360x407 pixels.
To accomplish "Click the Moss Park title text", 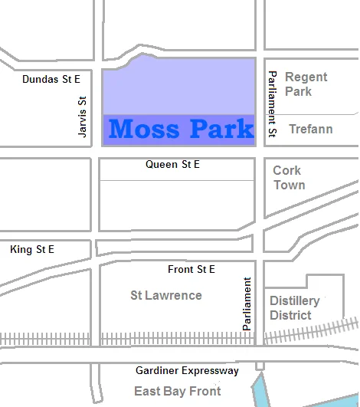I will point(181,129).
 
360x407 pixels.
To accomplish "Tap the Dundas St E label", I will point(51,79).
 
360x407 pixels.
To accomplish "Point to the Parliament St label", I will point(271,105).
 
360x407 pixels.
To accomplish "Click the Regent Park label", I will point(306,84).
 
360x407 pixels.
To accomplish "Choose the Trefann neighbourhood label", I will point(310,129).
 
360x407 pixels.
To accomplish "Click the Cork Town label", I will point(289,178).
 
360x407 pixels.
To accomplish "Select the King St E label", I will point(32,250).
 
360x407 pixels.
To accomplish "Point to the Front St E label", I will point(191,269).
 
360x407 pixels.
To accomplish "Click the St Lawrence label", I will point(166,295).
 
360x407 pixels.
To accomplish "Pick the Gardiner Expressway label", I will point(187,371).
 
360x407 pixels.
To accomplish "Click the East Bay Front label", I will point(177,391).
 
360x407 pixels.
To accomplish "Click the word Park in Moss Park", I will point(220,129).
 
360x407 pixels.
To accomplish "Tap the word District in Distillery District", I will point(291,315).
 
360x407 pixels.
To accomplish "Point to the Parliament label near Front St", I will point(247,304).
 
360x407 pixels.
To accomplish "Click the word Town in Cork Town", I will point(289,185).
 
